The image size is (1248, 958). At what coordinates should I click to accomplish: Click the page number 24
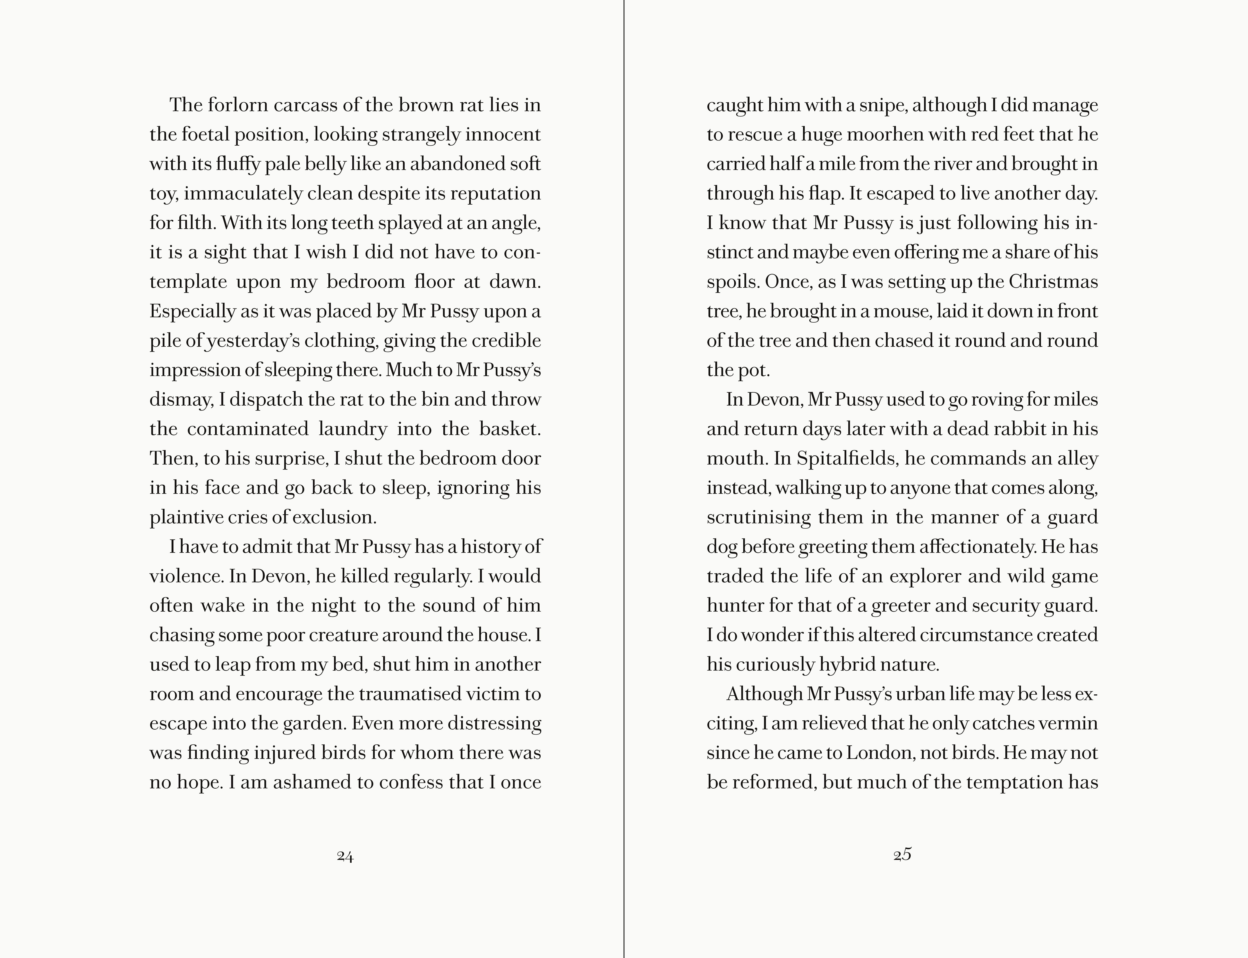(345, 856)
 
